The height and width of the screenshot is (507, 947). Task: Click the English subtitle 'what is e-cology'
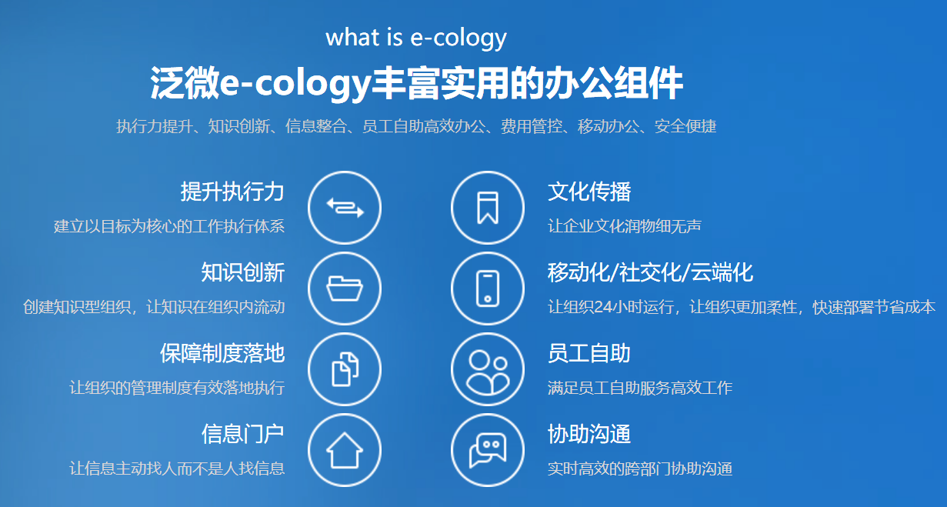pyautogui.click(x=416, y=38)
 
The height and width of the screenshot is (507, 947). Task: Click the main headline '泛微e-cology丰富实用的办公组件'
pyautogui.click(x=416, y=83)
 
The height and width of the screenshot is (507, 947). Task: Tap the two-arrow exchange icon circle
pyautogui.click(x=345, y=208)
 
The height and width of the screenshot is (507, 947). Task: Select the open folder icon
pyautogui.click(x=345, y=289)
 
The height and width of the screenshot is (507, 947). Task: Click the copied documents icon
pyautogui.click(x=345, y=369)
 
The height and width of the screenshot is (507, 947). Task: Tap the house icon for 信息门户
pyautogui.click(x=345, y=450)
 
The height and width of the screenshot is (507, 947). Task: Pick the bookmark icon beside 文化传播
pyautogui.click(x=488, y=208)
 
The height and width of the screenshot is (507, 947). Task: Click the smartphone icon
pyautogui.click(x=488, y=289)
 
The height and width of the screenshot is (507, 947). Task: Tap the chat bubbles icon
pyautogui.click(x=488, y=450)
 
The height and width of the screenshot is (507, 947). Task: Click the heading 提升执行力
pyautogui.click(x=232, y=192)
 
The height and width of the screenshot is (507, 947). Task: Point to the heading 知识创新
pyautogui.click(x=242, y=272)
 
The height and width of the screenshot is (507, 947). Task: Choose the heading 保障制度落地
pyautogui.click(x=222, y=353)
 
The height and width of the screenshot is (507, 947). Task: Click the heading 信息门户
pyautogui.click(x=242, y=434)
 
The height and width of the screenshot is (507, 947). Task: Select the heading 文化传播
pyautogui.click(x=589, y=192)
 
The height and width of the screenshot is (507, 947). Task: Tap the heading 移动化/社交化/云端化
pyautogui.click(x=650, y=272)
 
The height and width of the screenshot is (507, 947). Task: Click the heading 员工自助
pyautogui.click(x=589, y=353)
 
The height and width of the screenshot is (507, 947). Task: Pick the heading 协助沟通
pyautogui.click(x=589, y=434)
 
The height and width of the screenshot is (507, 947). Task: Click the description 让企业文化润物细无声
pyautogui.click(x=625, y=226)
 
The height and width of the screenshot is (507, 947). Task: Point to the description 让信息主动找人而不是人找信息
pyautogui.click(x=177, y=469)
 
